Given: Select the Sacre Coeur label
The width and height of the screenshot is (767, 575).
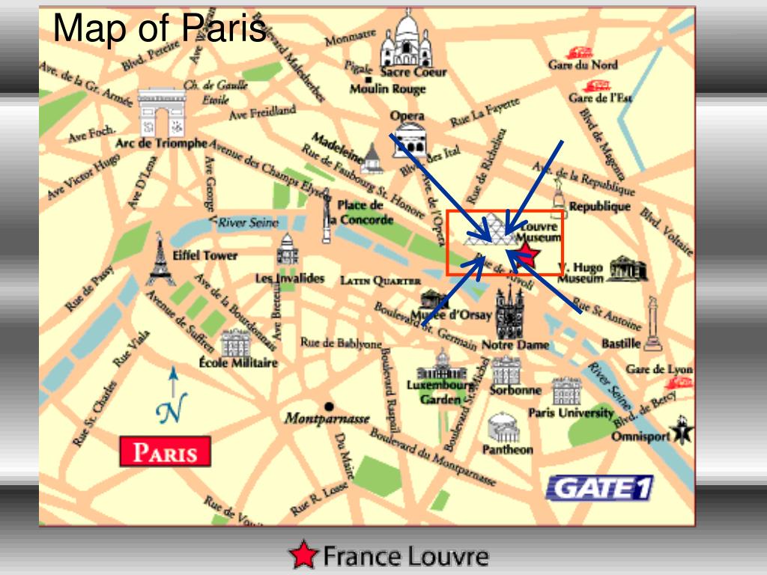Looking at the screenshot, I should click(413, 72).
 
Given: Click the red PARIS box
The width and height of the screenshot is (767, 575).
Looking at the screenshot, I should click(165, 452).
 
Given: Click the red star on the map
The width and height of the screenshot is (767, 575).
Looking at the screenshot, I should click(527, 253).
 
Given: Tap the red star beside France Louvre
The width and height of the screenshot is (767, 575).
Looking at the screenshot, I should click(303, 555).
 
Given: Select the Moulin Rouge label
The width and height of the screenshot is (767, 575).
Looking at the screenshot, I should click(387, 88).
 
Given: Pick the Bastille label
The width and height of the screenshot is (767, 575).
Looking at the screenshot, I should click(621, 344).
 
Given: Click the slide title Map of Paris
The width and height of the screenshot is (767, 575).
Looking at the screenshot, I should click(160, 29).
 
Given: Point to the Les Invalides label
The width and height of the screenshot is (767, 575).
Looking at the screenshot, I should click(290, 279).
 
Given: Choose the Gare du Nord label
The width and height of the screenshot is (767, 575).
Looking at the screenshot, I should click(583, 65).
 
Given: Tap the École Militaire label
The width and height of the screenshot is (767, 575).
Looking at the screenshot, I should click(238, 362).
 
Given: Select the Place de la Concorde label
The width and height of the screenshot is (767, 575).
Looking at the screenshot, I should click(363, 213).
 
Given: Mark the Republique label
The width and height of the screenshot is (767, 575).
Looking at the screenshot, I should click(599, 206).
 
